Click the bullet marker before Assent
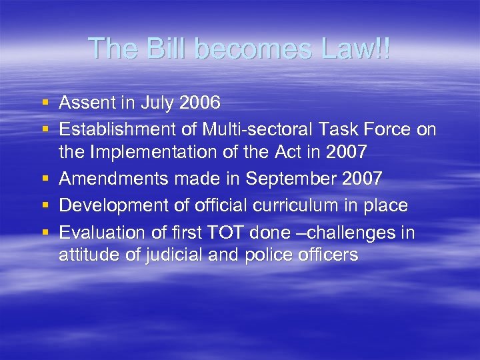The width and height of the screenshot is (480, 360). pos(45,103)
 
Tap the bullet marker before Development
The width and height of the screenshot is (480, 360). pos(45,205)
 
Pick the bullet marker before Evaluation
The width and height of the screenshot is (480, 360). pos(45,233)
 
